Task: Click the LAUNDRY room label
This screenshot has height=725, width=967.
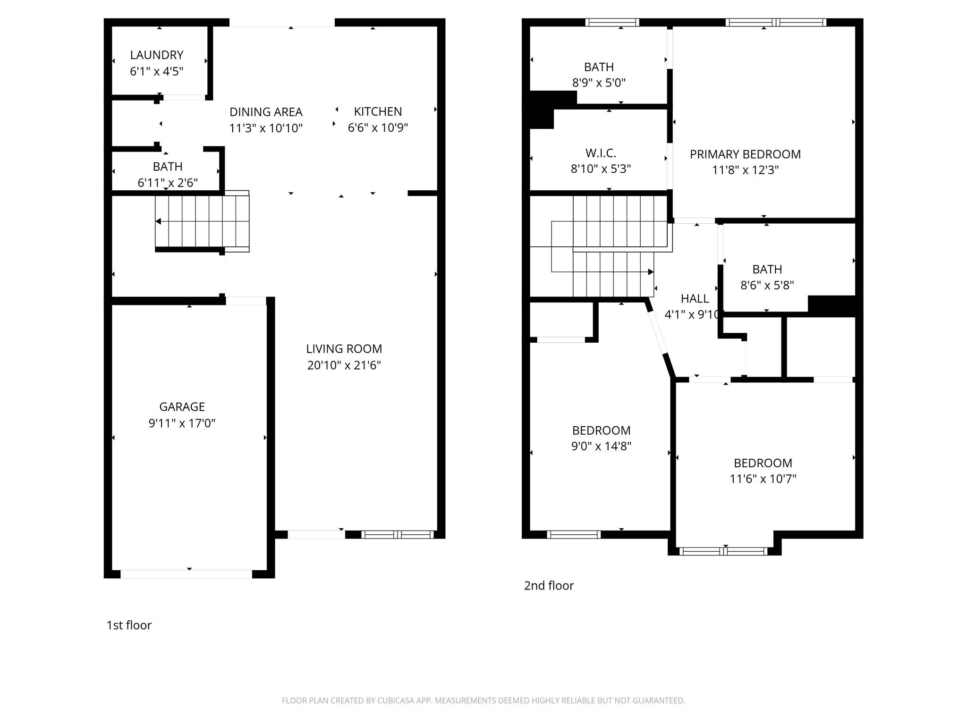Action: pyautogui.click(x=156, y=55)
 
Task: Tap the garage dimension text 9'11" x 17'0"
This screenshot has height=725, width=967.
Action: pyautogui.click(x=182, y=423)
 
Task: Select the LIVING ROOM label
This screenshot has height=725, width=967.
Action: pyautogui.click(x=344, y=349)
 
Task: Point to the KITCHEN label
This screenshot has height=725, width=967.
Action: pyautogui.click(x=378, y=112)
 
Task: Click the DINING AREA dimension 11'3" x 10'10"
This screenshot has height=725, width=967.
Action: pyautogui.click(x=266, y=128)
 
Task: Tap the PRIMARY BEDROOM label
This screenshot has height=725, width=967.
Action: pyautogui.click(x=745, y=154)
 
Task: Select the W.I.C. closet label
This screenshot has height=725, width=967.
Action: pyautogui.click(x=601, y=153)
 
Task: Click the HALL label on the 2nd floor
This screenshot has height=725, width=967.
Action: pyautogui.click(x=695, y=299)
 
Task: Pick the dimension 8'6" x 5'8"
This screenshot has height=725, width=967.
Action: pyautogui.click(x=767, y=286)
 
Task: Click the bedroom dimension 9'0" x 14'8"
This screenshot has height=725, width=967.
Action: pyautogui.click(x=601, y=447)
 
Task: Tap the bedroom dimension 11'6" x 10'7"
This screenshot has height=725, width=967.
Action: pyautogui.click(x=763, y=479)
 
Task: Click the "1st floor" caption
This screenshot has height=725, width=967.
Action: pyautogui.click(x=129, y=625)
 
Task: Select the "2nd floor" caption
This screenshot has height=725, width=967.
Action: pyautogui.click(x=549, y=586)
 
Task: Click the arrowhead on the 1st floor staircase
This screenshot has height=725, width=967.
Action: pyautogui.click(x=158, y=221)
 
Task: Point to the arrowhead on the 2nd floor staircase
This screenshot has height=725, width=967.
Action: pyautogui.click(x=651, y=272)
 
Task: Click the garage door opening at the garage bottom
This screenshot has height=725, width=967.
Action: pyautogui.click(x=187, y=574)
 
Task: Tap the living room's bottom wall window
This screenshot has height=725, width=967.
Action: pyautogui.click(x=397, y=534)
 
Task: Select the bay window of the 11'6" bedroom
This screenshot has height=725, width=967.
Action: pyautogui.click(x=723, y=551)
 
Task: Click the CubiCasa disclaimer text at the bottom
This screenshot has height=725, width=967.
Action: pyautogui.click(x=483, y=700)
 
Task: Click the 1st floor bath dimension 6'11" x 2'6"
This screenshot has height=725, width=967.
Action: pyautogui.click(x=168, y=183)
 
